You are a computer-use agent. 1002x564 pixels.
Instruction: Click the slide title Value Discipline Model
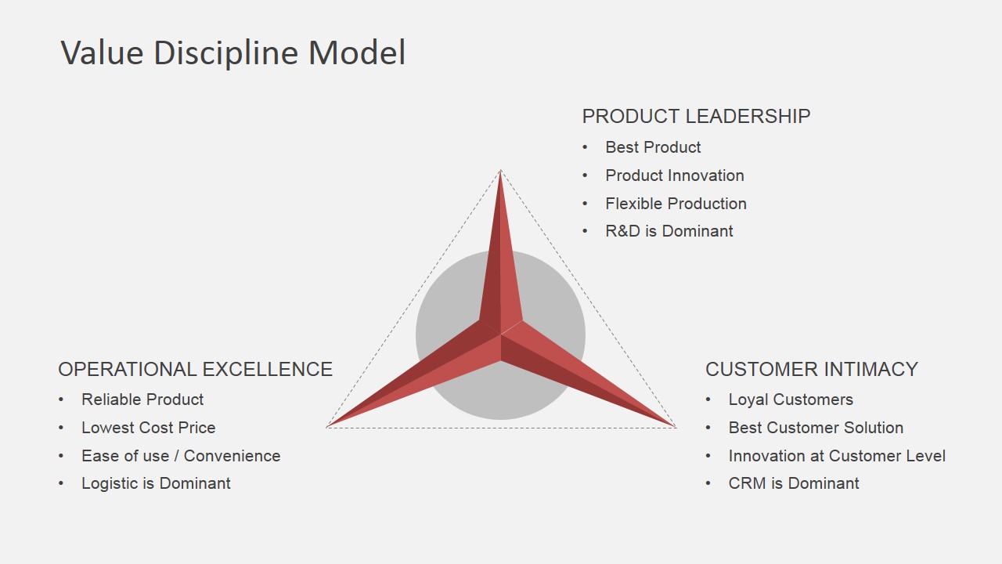[x=233, y=52]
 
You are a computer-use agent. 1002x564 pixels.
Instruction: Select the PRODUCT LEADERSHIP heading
[x=696, y=117]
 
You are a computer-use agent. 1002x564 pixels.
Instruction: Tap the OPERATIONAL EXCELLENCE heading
[x=196, y=369]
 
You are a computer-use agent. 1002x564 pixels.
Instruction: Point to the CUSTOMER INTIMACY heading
[x=812, y=369]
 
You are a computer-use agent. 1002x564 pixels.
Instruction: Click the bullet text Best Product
[x=653, y=147]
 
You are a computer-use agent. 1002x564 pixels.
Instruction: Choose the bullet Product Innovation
[x=675, y=175]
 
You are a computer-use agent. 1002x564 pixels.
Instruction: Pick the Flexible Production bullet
[x=676, y=204]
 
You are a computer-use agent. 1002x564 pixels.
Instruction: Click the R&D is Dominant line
[x=669, y=231]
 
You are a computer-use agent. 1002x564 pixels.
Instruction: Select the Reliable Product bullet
[x=142, y=399]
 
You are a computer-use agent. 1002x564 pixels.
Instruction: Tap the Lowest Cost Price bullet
[x=149, y=428]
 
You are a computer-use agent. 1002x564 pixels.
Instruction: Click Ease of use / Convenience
[x=181, y=456]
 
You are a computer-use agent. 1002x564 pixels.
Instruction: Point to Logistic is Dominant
[x=156, y=483]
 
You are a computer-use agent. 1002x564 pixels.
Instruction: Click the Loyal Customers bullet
[x=791, y=399]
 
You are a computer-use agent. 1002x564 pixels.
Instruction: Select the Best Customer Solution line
[x=816, y=428]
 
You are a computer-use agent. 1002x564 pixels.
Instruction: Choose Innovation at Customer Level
[x=837, y=456]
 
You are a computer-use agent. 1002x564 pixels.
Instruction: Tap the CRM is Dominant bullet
[x=794, y=483]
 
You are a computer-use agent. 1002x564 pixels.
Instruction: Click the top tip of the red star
[x=500, y=171]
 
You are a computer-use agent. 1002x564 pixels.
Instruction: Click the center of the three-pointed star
[x=500, y=334]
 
